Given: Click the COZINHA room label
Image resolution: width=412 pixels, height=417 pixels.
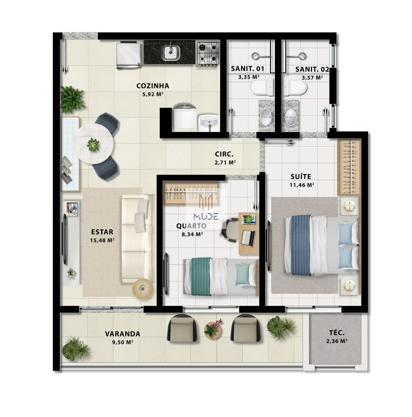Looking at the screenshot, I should (153, 86).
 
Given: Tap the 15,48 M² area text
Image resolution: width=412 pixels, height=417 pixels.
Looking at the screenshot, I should (102, 240).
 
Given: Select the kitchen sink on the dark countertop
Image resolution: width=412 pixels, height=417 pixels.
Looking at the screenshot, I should (171, 53).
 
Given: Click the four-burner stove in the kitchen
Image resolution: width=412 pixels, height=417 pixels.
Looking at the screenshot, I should (208, 53).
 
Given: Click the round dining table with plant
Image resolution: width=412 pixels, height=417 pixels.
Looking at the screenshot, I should (93, 143).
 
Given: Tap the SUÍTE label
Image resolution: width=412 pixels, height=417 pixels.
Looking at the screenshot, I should (301, 177).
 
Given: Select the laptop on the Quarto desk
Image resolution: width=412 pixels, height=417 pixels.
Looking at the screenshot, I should (248, 237).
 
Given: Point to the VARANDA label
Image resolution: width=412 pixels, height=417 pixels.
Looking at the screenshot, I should (122, 334).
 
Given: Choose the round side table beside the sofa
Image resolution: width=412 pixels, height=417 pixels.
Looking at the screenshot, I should (143, 289).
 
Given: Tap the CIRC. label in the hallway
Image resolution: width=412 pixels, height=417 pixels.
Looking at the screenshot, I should (224, 154).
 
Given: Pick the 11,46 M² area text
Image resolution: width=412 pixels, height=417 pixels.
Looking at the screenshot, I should (301, 185).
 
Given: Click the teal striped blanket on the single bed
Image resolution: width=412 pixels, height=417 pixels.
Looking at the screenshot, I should (201, 277).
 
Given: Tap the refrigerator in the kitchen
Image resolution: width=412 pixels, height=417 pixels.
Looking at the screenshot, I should (129, 55).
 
